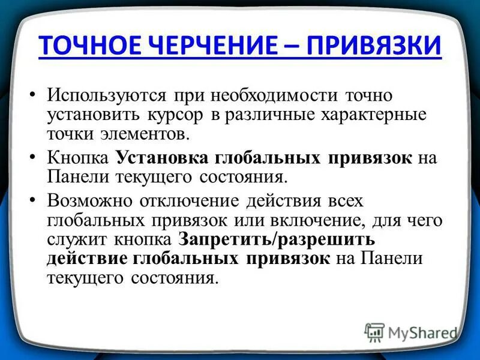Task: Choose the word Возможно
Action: click(90, 201)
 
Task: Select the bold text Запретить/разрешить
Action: click(277, 239)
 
